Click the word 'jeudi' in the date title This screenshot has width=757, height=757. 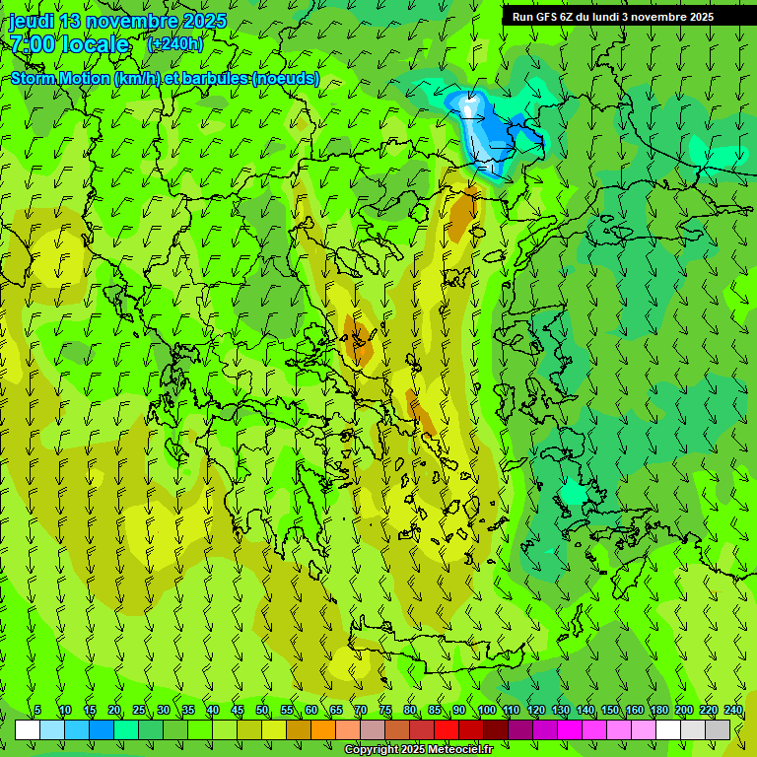31,21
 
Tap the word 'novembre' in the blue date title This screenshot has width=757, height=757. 137,21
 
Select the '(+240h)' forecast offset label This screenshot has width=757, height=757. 174,43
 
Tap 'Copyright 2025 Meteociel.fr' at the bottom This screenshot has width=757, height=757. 418,750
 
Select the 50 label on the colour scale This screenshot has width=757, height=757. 262,710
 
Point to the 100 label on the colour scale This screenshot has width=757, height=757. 486,710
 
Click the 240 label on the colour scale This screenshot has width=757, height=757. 732,710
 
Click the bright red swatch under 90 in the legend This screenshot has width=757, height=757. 447,729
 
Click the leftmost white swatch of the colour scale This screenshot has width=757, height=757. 28,729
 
